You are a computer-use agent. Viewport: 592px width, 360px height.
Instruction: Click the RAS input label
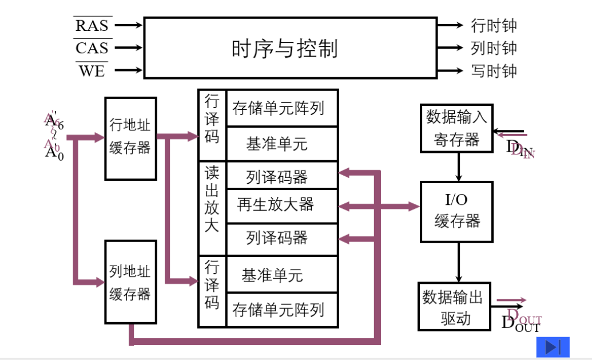[x=92, y=25]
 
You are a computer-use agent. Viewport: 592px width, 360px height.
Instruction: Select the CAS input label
[x=92, y=48]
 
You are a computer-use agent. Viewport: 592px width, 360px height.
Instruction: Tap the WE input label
[x=92, y=71]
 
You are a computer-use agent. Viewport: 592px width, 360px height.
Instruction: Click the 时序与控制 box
[x=290, y=48]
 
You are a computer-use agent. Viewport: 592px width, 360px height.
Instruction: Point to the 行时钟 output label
[x=494, y=26]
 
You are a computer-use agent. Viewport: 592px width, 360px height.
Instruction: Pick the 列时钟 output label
[x=494, y=48]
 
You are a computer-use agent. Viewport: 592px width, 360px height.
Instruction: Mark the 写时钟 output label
[x=494, y=71]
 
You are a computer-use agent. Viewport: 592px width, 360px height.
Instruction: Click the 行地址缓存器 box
[x=130, y=138]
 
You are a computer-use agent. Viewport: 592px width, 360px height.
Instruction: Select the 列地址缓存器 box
[x=130, y=282]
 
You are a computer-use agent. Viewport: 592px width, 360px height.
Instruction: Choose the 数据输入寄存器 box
[x=456, y=128]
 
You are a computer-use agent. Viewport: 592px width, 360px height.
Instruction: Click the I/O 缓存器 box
[x=456, y=211]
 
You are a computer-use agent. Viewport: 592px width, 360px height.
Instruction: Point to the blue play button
[x=553, y=347]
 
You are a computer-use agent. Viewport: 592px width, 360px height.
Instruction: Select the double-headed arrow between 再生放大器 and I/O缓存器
[x=379, y=205]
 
